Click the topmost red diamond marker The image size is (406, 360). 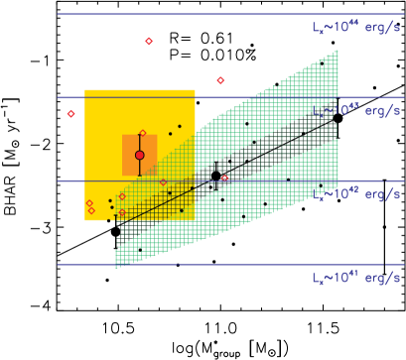point(149,41)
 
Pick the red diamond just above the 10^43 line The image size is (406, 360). point(220,80)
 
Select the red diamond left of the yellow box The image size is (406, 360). point(70,114)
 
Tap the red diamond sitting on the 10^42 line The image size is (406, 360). point(224,179)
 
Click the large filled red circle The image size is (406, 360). point(140,155)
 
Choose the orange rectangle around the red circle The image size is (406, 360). point(127,164)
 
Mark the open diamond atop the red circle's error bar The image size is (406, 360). point(142,133)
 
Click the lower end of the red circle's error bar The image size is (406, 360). point(140,175)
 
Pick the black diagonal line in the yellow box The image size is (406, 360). point(159,201)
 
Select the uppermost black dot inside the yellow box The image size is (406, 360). point(180,126)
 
